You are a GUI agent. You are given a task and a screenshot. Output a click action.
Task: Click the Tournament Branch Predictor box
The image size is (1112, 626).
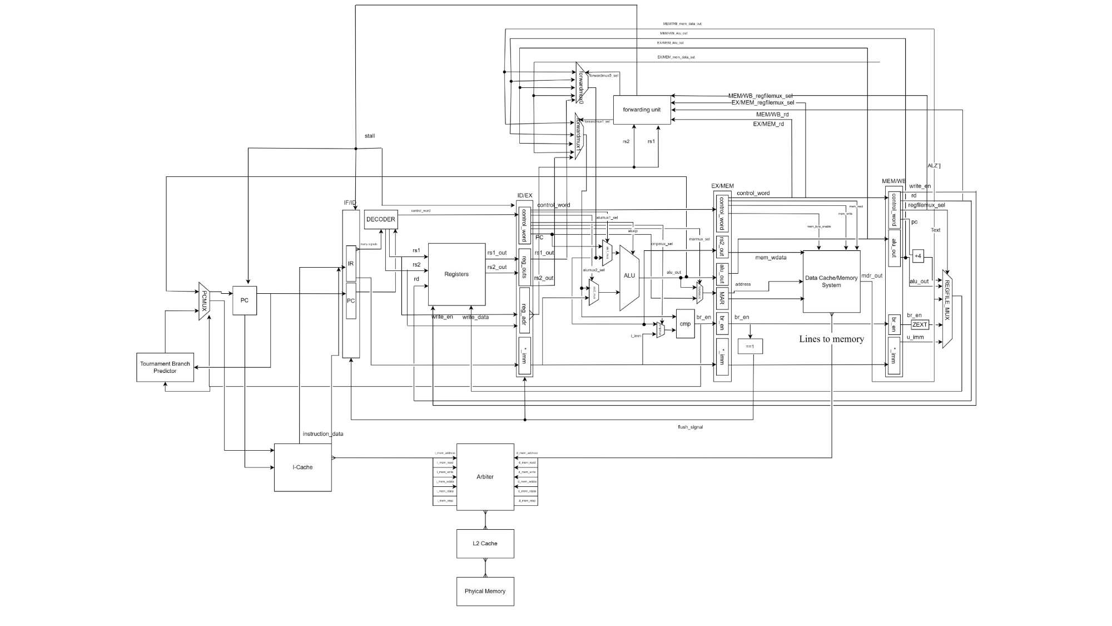click(165, 367)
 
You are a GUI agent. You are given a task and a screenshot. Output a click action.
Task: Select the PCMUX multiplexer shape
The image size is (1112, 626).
click(204, 301)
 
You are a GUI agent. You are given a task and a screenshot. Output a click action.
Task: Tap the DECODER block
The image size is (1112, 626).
click(381, 219)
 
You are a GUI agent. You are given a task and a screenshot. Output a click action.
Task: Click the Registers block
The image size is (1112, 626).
click(456, 274)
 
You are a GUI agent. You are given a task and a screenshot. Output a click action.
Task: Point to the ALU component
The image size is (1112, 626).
click(629, 277)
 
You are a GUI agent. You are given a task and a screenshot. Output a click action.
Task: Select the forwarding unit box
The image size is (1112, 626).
click(642, 110)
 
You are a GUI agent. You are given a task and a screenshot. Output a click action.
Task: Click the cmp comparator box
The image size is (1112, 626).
click(685, 324)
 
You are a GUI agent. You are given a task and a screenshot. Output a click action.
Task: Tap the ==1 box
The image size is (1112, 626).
click(749, 346)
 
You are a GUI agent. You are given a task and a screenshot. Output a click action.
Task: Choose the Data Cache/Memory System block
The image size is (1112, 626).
click(831, 282)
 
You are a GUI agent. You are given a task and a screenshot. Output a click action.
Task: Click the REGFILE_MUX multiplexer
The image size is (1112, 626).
click(947, 309)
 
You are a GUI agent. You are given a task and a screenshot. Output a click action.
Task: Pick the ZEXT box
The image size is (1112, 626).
click(920, 324)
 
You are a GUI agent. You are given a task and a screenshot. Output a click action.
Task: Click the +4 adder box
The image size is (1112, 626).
click(918, 257)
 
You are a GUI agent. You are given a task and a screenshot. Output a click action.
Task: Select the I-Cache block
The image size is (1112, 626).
click(302, 467)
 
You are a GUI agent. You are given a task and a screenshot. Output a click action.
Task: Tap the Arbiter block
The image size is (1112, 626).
click(485, 477)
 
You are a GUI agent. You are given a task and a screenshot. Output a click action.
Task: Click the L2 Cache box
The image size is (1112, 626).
click(485, 544)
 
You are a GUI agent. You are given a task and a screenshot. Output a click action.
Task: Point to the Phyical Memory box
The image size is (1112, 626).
click(485, 591)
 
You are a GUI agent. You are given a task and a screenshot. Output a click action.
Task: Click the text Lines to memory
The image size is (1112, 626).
click(831, 339)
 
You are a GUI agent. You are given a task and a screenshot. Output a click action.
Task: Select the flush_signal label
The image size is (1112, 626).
click(690, 427)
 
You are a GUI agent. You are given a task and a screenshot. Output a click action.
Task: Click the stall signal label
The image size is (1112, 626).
click(370, 136)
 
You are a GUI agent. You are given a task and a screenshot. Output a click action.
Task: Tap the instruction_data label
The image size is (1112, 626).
click(323, 434)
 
